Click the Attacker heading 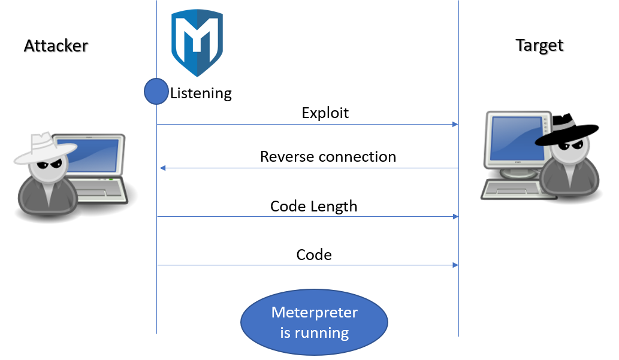click(x=56, y=46)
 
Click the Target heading click(x=539, y=46)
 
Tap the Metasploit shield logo click(x=197, y=43)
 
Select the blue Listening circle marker click(x=156, y=91)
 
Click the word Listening click(x=201, y=93)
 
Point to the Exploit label click(x=325, y=113)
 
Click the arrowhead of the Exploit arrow click(x=455, y=125)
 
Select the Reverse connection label click(x=328, y=157)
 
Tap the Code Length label click(x=313, y=207)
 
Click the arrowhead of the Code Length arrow click(x=455, y=217)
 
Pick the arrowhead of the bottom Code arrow click(x=455, y=265)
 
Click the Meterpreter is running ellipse click(x=314, y=323)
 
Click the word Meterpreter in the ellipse click(x=314, y=313)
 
